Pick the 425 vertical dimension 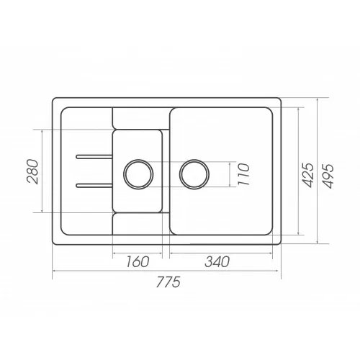click(307, 173)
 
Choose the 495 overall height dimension click(329, 173)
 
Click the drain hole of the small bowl click(138, 173)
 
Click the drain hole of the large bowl click(194, 173)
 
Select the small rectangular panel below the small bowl click(138, 228)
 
